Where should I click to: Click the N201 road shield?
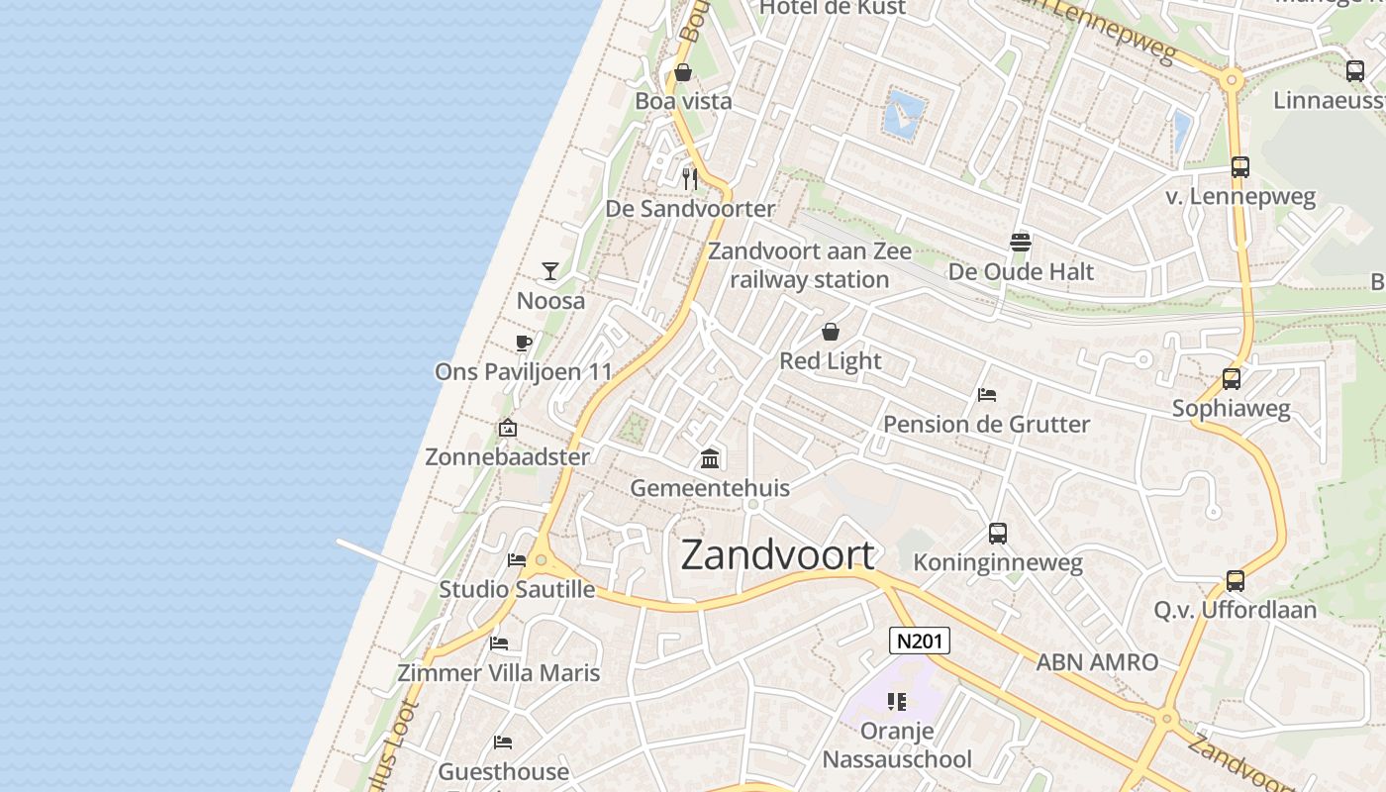click(x=919, y=642)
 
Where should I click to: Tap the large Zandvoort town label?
click(x=778, y=555)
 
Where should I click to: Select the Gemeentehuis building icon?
click(x=710, y=458)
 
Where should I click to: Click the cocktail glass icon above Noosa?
click(x=550, y=270)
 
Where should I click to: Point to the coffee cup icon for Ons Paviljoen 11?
click(x=524, y=344)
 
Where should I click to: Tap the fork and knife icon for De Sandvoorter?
click(x=690, y=179)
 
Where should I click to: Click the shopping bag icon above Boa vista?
click(x=683, y=72)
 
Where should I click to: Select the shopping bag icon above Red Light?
click(x=831, y=332)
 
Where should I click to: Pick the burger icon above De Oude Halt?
click(x=1021, y=242)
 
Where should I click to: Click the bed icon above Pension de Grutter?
click(x=987, y=395)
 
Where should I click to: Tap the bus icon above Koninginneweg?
click(x=998, y=534)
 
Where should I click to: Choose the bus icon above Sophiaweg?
click(x=1232, y=379)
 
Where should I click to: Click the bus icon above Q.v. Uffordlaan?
click(x=1236, y=581)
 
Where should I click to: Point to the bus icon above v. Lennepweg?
click(x=1240, y=167)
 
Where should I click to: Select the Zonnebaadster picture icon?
click(x=508, y=428)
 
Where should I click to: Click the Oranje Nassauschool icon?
click(x=897, y=703)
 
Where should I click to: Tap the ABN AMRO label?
click(x=1097, y=662)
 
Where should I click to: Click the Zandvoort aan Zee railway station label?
click(x=809, y=265)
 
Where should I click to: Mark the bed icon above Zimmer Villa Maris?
click(x=499, y=643)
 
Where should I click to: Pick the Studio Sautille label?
click(x=517, y=590)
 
